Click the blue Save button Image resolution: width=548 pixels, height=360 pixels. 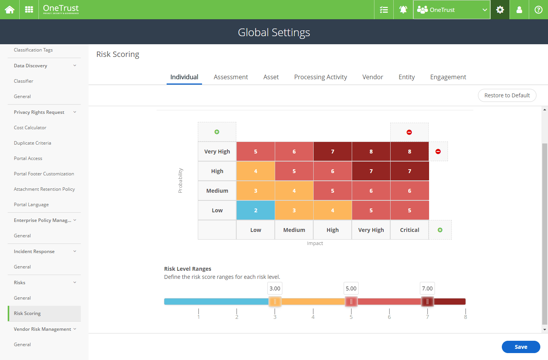pos(521,347)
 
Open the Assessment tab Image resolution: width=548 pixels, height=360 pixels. pos(231,77)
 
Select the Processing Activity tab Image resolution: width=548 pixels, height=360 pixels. pos(320,77)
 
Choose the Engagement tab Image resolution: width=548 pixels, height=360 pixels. pos(448,77)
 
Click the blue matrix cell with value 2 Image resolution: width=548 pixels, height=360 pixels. pos(256,210)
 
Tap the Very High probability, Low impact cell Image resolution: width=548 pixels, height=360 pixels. pos(256,152)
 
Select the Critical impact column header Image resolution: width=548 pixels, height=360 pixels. pos(409,230)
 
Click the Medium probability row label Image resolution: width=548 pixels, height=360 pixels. pos(217,191)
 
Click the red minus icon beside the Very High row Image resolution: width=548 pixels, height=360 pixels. pos(438,152)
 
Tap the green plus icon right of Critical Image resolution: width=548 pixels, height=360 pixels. pos(440,230)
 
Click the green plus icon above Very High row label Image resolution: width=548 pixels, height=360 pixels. pos(217,132)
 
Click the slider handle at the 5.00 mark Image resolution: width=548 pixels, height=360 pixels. pos(351,302)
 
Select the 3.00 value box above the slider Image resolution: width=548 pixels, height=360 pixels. pos(275,288)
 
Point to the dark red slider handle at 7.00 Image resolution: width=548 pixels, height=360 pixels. pos(427,302)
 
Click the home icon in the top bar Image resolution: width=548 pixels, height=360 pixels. pos(10,10)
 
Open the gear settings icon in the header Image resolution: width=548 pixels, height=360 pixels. pos(500,10)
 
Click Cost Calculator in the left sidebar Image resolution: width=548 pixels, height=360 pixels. pos(30,128)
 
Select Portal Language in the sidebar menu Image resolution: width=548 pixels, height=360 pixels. pos(31,205)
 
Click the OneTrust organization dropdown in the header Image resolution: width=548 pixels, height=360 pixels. pos(451,10)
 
